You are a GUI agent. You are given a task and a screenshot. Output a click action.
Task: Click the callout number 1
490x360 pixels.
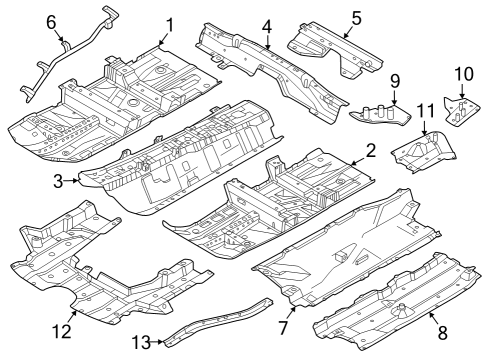pyautogui.click(x=169, y=24)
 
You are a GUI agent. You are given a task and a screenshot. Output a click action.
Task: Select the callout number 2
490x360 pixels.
pyautogui.click(x=369, y=151)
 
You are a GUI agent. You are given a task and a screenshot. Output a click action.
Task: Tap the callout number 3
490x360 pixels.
pyautogui.click(x=59, y=180)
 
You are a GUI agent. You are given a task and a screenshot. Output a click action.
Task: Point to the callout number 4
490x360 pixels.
pyautogui.click(x=267, y=26)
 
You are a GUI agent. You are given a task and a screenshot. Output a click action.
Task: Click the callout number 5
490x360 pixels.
pyautogui.click(x=356, y=17)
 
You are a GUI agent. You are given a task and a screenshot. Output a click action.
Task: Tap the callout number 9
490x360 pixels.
pyautogui.click(x=394, y=80)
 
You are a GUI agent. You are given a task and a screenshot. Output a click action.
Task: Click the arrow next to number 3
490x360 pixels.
pyautogui.click(x=72, y=180)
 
